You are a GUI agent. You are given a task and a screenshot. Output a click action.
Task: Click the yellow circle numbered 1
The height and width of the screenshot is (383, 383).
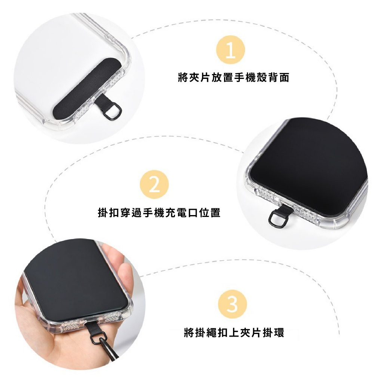[230, 50]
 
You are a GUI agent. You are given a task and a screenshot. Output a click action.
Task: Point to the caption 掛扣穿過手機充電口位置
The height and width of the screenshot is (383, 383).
[159, 212]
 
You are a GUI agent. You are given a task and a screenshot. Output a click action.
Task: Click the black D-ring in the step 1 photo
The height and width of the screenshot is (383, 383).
[113, 111]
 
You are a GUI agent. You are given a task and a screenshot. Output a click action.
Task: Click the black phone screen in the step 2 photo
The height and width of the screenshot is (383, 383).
[309, 166]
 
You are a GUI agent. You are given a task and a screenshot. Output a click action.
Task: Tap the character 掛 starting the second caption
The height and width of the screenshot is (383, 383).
[103, 212]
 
